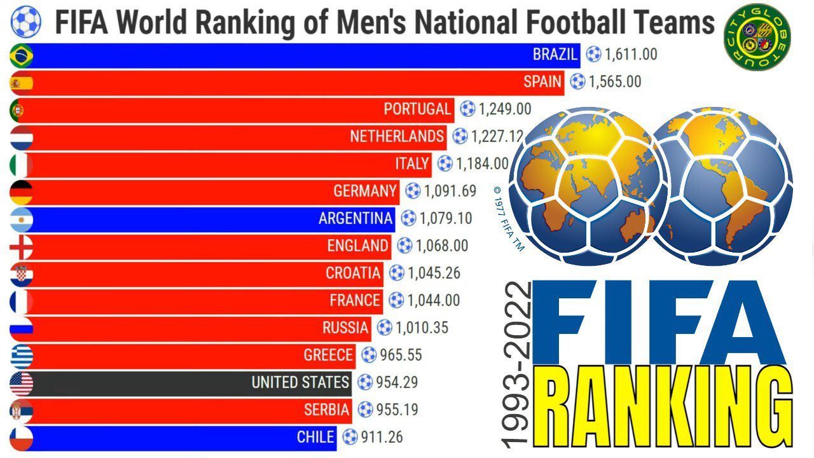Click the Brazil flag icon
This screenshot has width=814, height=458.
pyautogui.click(x=21, y=56)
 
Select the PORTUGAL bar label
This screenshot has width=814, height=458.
pyautogui.click(x=417, y=109)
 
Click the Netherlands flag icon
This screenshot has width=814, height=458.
pyautogui.click(x=21, y=137)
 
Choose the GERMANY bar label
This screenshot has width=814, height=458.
pyautogui.click(x=364, y=191)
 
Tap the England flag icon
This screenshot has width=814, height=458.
pyautogui.click(x=21, y=246)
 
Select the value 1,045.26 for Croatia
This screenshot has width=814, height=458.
pyautogui.click(x=434, y=274)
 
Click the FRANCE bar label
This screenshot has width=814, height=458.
pyautogui.click(x=355, y=300)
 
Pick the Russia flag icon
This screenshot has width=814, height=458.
pyautogui.click(x=21, y=328)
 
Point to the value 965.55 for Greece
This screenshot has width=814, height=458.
pyautogui.click(x=401, y=355)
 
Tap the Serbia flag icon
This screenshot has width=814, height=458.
pyautogui.click(x=21, y=410)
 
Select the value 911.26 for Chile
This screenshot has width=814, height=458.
pyautogui.click(x=382, y=438)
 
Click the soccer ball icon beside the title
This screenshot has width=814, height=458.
pyautogui.click(x=25, y=22)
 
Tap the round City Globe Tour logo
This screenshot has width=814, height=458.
pyautogui.click(x=756, y=37)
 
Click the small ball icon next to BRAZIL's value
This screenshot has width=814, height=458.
pyautogui.click(x=593, y=55)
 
